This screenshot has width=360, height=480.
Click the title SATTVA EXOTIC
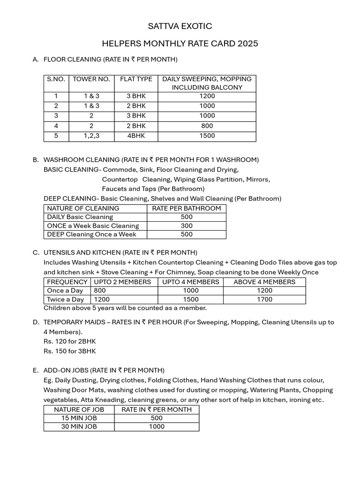click(x=180, y=26)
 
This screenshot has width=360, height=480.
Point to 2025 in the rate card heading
click(x=247, y=44)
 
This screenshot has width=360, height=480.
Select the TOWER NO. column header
click(x=91, y=79)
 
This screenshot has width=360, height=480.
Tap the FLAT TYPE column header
click(x=136, y=79)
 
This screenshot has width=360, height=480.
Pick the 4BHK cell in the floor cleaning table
click(x=136, y=136)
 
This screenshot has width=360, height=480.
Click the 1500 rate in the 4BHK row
click(x=207, y=136)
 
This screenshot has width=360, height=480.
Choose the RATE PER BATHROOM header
click(x=187, y=208)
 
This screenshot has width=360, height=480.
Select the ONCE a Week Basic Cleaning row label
click(x=93, y=226)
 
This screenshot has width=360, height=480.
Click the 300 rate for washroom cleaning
click(x=187, y=226)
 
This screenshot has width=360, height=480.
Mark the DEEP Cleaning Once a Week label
click(x=91, y=234)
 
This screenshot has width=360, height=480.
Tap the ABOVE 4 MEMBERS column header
click(x=264, y=282)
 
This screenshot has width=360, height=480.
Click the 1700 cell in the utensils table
click(x=264, y=300)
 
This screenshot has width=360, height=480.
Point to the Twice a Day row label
click(x=65, y=300)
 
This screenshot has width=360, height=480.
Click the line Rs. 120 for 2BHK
click(x=69, y=341)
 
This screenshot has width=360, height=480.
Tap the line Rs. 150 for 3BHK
click(x=69, y=351)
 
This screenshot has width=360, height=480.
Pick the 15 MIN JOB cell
click(x=79, y=418)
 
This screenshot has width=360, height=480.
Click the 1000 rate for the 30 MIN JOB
click(x=157, y=427)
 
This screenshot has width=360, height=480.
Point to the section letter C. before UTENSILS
click(x=36, y=253)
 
